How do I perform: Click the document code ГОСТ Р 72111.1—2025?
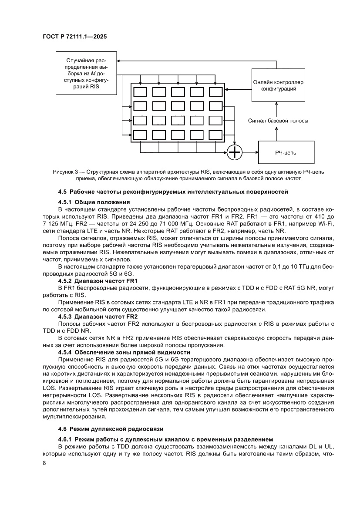click(74, 37)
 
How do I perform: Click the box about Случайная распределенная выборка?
click(86, 73)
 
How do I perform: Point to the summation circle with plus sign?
click(235, 152)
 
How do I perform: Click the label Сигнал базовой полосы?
click(278, 121)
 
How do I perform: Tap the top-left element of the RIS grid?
click(140, 92)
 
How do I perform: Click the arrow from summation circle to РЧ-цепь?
click(250, 152)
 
